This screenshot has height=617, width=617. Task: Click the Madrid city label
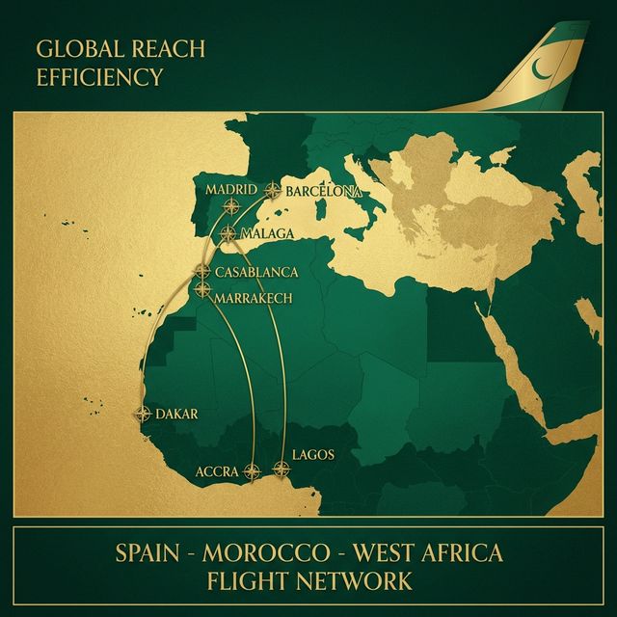231,189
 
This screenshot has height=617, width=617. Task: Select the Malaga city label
267,233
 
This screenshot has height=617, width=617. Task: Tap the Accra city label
217,471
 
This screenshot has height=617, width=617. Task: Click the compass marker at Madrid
231,205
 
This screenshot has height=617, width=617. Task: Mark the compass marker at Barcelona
274,191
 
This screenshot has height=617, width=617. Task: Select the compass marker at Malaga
228,233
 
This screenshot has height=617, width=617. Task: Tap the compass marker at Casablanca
202,271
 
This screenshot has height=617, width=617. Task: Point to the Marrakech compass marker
202,288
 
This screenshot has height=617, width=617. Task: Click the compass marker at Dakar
144,415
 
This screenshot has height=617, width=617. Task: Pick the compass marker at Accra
252,471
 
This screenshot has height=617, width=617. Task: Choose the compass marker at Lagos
282,469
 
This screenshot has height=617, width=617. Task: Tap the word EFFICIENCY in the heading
99,77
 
